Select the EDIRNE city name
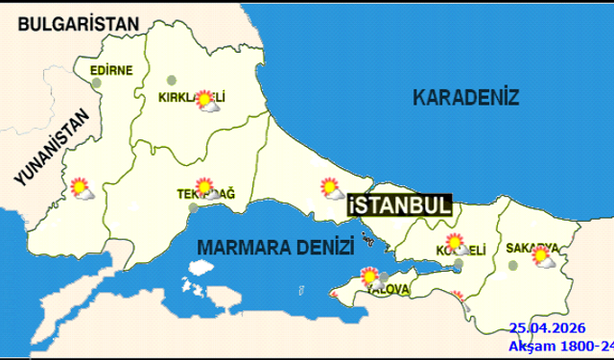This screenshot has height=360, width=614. (x=110, y=70)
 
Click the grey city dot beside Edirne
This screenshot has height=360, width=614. (x=97, y=83)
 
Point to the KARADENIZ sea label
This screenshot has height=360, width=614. (x=465, y=97)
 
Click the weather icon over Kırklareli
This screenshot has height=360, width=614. (x=206, y=101)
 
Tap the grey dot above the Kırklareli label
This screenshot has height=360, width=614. (x=172, y=81)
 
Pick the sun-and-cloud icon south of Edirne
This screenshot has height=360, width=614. (x=82, y=188)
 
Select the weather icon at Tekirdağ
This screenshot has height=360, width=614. (x=206, y=187)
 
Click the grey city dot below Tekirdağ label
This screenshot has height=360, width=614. (x=194, y=205)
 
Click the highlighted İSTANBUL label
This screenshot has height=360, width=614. (x=398, y=205)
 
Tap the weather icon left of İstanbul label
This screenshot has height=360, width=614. (x=332, y=188)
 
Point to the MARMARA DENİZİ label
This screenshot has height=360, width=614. (x=274, y=247)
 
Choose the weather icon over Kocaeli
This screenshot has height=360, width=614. (x=456, y=245)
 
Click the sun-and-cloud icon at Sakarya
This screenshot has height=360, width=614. (x=545, y=256)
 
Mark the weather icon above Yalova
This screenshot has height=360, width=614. (x=371, y=278)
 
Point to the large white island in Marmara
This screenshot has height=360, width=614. (x=196, y=288)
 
